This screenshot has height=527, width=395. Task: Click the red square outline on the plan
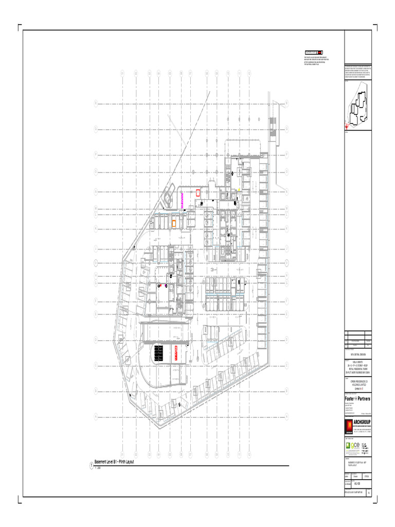coord(198,193)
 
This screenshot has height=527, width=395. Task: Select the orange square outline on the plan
coord(174,223)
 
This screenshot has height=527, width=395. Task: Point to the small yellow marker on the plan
coord(239,190)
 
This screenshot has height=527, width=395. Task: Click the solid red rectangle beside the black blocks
coord(176,353)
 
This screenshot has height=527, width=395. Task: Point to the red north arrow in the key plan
coord(348,124)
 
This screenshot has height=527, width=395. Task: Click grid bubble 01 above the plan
coord(122,73)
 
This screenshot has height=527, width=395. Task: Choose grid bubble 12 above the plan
coord(249,73)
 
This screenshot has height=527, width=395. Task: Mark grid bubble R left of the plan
coord(96,103)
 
